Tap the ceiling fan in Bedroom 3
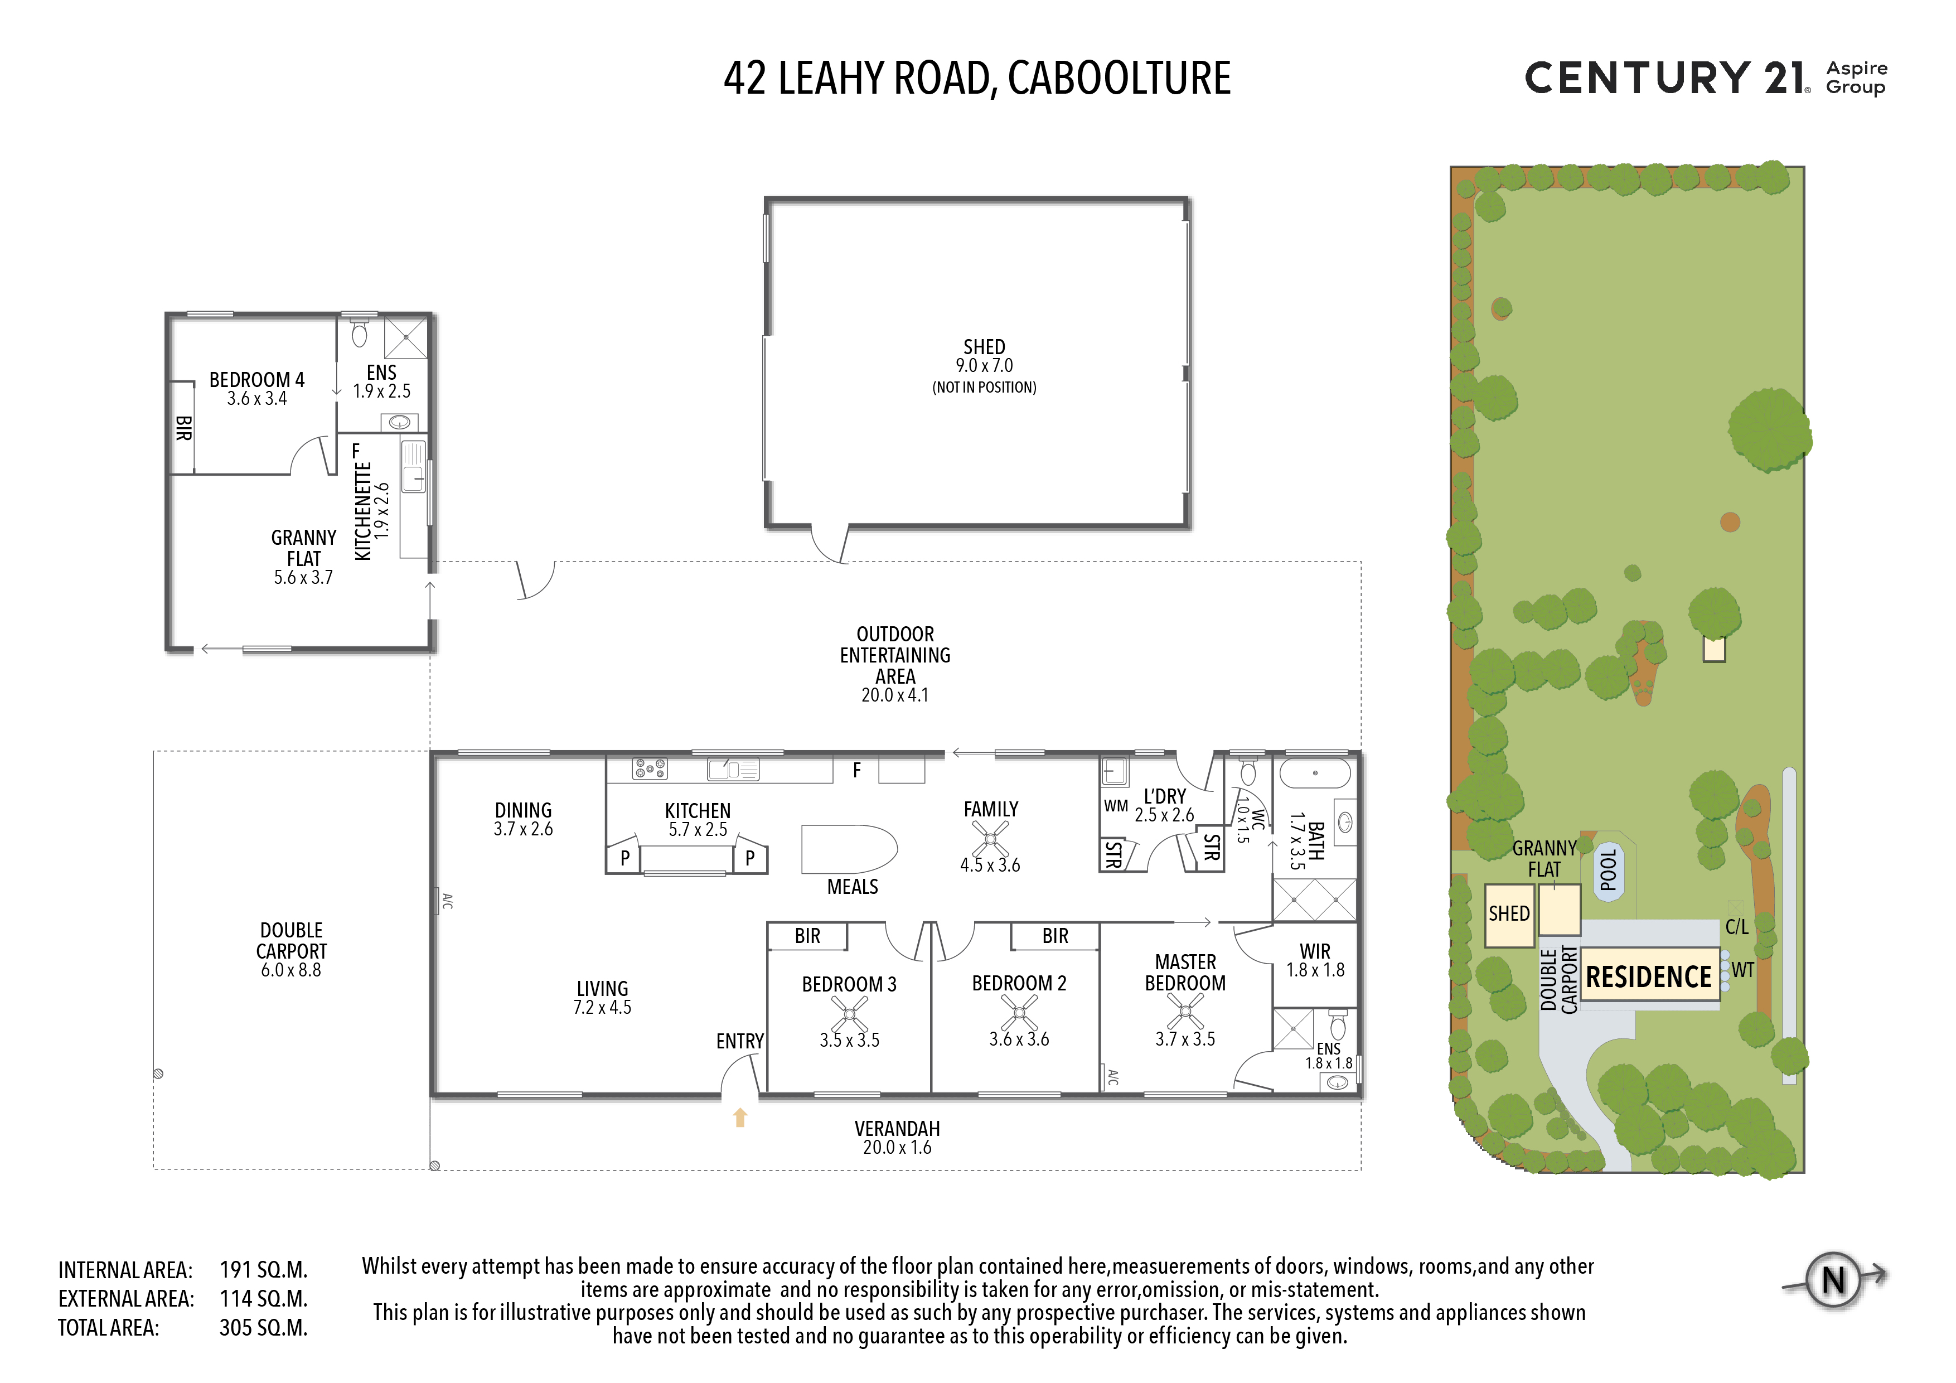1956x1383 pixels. coord(849,1013)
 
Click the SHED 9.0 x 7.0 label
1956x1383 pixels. coord(984,356)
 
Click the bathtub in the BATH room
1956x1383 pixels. coord(1315,773)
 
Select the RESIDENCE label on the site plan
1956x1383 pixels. coord(1648,976)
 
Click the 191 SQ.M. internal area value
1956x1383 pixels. coord(263,1270)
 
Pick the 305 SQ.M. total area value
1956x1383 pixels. coord(263,1328)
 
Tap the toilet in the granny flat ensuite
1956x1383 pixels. coord(360,332)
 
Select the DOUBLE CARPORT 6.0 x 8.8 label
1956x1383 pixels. coord(292,949)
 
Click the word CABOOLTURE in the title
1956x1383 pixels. coord(1120,79)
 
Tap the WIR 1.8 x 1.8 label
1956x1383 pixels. coord(1315,960)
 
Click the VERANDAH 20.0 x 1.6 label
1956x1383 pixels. coord(897,1138)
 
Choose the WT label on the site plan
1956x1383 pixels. coord(1742,970)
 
